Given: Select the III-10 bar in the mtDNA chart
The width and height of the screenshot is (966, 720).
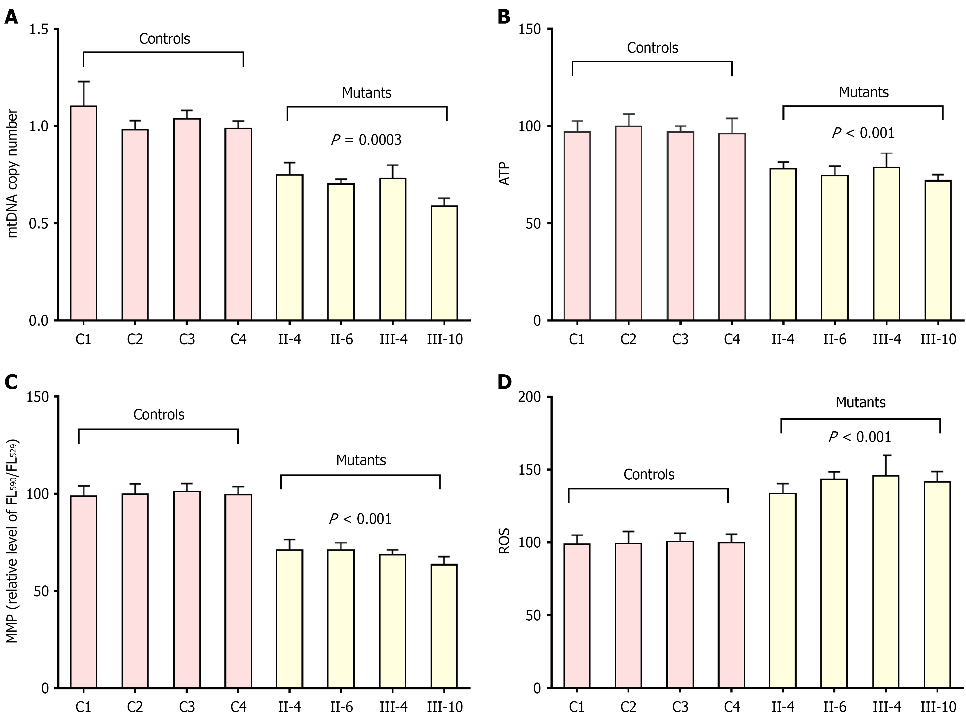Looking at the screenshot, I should click(444, 263).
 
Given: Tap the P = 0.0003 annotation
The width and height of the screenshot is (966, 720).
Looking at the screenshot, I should click(366, 140).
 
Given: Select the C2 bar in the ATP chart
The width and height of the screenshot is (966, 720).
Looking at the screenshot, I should click(628, 223).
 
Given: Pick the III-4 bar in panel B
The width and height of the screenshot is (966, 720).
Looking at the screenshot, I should click(886, 244).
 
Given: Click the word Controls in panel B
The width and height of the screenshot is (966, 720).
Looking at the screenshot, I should click(652, 48).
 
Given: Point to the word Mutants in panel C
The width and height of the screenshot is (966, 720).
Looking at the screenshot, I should click(361, 460).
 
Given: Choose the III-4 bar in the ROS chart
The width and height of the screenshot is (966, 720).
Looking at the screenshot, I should click(886, 582).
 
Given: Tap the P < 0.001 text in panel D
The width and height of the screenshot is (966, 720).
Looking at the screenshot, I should click(860, 437).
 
